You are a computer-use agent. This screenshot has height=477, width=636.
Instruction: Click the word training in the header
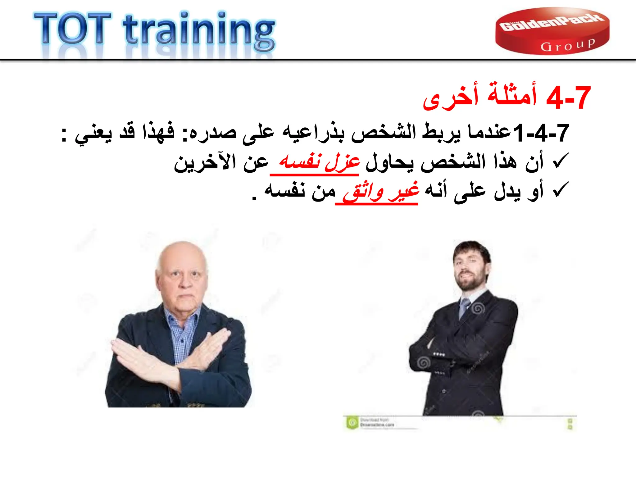(x=199, y=31)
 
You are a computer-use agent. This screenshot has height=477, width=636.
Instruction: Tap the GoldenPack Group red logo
(x=552, y=31)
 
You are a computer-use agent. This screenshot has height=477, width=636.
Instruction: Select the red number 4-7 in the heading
(x=568, y=98)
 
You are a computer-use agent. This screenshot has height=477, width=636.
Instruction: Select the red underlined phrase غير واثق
(x=381, y=191)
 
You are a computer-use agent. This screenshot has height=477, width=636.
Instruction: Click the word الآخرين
(x=205, y=162)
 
